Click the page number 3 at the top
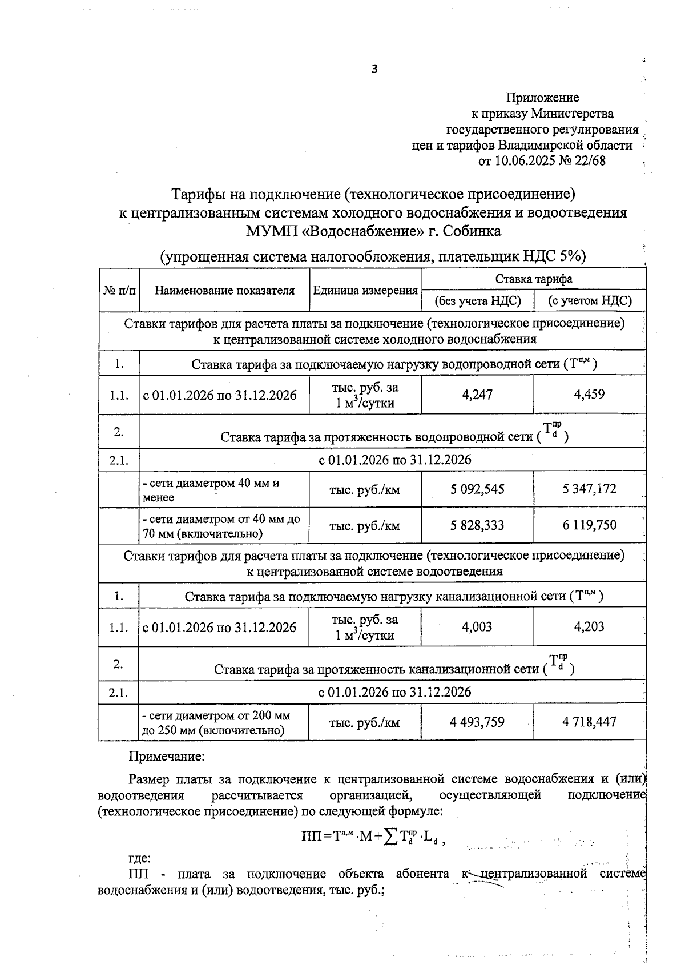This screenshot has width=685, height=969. (x=374, y=70)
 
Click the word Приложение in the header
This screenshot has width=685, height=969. (x=542, y=98)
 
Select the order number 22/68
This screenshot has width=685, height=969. (x=590, y=161)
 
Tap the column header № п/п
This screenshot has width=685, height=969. (x=119, y=290)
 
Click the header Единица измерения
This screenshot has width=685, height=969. (x=365, y=290)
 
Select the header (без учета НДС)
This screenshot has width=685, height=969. (x=478, y=301)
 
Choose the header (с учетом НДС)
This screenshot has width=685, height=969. (x=590, y=301)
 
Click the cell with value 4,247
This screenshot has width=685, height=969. (x=477, y=395)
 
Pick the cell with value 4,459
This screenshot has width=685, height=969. (x=590, y=395)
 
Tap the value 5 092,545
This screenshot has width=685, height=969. (x=477, y=489)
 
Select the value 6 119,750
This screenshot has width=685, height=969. (x=590, y=525)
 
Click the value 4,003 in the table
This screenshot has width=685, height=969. (x=477, y=627)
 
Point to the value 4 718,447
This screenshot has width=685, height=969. (x=590, y=722)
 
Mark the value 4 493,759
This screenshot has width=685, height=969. (x=477, y=722)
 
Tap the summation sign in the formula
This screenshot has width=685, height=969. (x=391, y=838)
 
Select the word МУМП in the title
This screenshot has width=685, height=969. (x=267, y=231)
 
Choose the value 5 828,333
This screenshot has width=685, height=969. (x=477, y=525)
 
